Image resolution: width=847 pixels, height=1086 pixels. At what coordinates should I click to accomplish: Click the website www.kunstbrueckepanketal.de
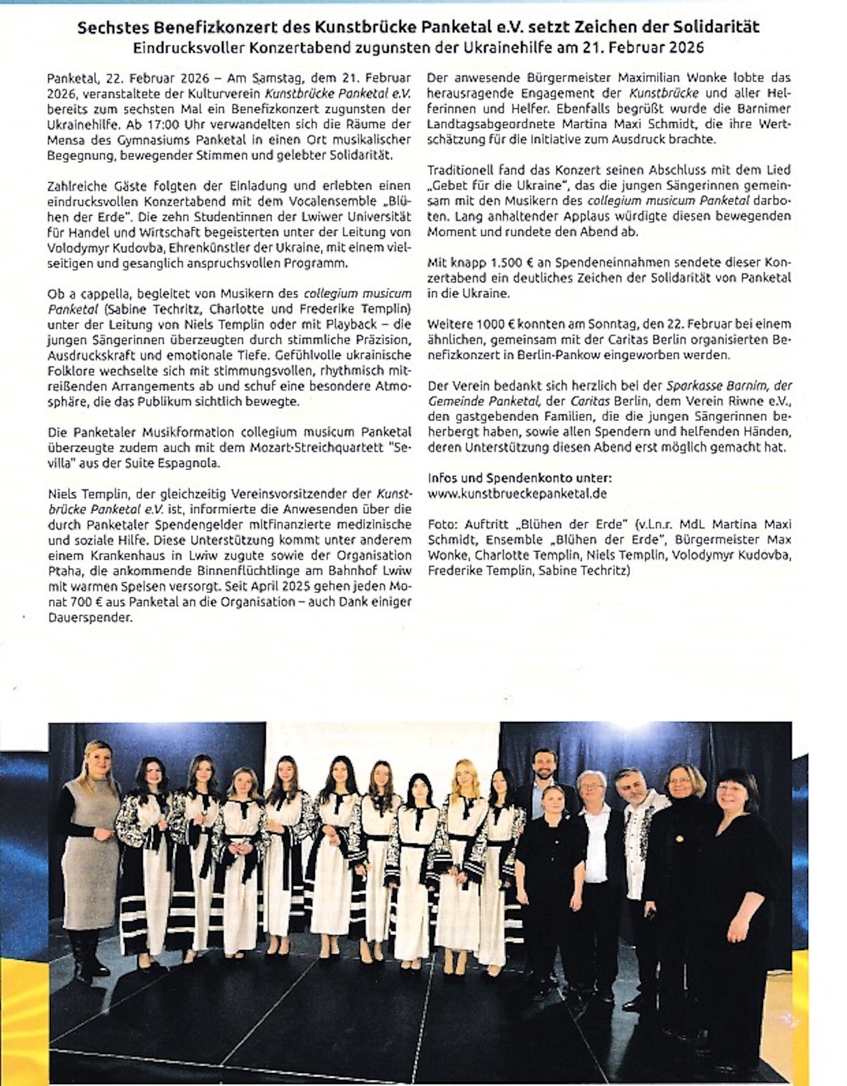517,492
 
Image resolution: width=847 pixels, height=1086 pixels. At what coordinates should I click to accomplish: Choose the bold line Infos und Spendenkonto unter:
519,477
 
